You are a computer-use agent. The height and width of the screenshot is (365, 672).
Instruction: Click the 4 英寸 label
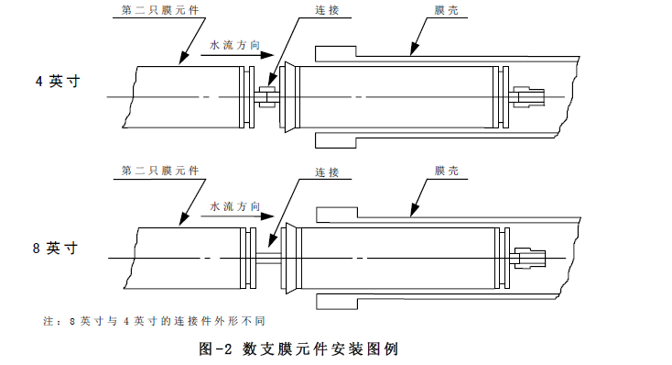coord(58,81)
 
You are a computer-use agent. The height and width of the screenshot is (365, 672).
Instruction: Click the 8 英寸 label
coord(56,249)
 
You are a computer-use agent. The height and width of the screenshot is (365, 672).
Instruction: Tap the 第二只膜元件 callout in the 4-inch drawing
coord(160,10)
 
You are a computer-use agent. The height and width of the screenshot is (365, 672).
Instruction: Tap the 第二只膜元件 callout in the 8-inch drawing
coord(160,171)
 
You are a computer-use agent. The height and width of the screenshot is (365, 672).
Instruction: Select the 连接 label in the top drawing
coord(328,10)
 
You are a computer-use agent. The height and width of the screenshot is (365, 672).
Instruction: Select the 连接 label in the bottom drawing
coord(328,172)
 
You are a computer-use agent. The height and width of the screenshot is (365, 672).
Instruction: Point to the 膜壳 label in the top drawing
coord(447,10)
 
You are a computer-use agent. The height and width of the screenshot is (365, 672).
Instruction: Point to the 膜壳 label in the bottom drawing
coord(447,171)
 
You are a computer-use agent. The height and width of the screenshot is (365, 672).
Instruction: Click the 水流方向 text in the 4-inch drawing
coord(235,45)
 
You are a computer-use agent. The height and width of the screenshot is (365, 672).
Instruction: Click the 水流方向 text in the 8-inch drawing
coord(235,206)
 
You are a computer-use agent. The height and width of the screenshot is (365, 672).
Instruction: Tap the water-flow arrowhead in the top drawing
coord(267,55)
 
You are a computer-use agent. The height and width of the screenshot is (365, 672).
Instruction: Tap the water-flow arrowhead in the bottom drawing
coord(267,216)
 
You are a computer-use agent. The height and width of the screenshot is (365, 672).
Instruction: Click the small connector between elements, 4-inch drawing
coord(266,97)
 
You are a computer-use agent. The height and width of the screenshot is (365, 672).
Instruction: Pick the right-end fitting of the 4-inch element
coord(527,96)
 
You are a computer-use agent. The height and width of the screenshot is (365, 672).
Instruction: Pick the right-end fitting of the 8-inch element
coord(528,258)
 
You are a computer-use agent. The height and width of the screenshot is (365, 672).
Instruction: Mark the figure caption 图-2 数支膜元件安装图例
coord(298,348)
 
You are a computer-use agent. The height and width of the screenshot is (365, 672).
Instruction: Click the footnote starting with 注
coord(155,321)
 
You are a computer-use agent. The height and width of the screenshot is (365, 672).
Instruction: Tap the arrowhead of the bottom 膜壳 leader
coord(414,210)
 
